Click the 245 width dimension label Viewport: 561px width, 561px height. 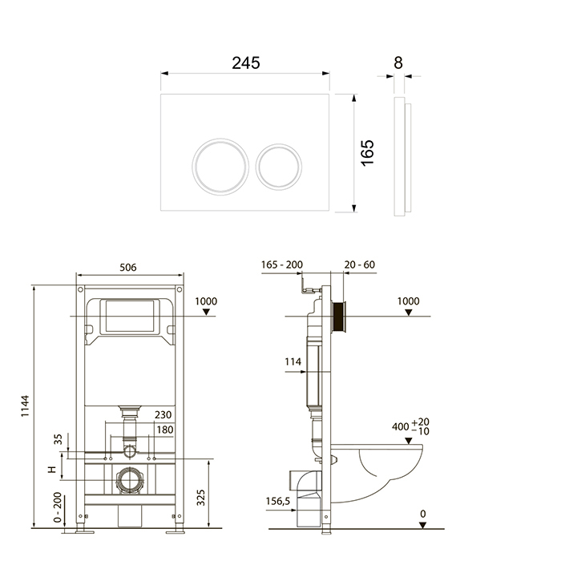tap(246, 63)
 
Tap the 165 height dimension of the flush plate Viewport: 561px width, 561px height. tap(367, 153)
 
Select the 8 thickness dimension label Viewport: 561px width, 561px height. tap(398, 63)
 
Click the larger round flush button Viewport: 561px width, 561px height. tap(220, 167)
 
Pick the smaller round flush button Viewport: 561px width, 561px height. tap(279, 167)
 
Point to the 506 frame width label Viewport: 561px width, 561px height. tap(127, 267)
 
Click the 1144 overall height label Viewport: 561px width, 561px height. tap(25, 406)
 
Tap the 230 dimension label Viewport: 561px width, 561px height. tap(163, 414)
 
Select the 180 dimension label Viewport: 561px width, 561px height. tap(165, 430)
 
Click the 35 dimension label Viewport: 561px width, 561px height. tap(58, 439)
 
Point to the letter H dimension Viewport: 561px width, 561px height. tap(52, 470)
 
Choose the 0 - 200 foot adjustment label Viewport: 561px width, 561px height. tap(58, 507)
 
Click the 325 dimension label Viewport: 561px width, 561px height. tap(201, 498)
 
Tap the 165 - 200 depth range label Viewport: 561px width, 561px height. tap(282, 264)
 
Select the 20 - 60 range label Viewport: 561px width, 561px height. tap(360, 264)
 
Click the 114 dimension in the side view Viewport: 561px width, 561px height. tap(293, 361)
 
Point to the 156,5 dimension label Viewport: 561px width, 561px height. tap(278, 502)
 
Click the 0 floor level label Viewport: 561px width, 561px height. tap(423, 515)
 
